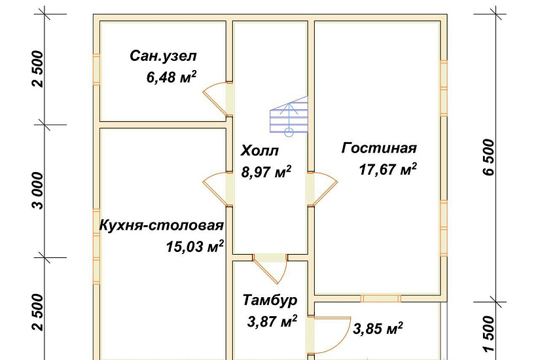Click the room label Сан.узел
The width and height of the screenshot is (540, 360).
(163, 56)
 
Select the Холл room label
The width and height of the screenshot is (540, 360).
(260, 151)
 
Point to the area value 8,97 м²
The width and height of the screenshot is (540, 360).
(266, 173)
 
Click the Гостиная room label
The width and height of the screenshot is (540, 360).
(379, 148)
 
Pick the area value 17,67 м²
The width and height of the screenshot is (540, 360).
(388, 170)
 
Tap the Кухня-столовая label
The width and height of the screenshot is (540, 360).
(161, 226)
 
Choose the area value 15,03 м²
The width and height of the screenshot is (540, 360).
(196, 247)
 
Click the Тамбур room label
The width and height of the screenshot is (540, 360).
(270, 300)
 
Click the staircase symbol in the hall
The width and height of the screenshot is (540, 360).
(289, 115)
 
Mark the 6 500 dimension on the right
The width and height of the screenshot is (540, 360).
(488, 159)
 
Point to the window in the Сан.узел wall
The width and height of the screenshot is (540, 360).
(96, 69)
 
